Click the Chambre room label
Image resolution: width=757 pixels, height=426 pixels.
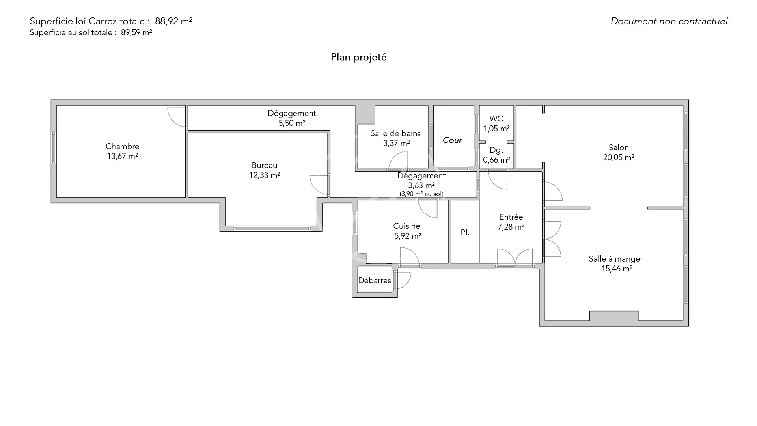tap(122, 146)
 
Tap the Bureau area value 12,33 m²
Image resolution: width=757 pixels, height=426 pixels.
tap(265, 175)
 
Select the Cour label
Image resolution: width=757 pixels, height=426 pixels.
tap(452, 140)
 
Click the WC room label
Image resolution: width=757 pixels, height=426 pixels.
tap(496, 119)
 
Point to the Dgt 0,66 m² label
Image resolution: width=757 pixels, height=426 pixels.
tap(496, 155)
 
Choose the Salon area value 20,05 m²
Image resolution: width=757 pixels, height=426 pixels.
tap(619, 157)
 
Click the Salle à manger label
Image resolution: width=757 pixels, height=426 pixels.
tap(616, 259)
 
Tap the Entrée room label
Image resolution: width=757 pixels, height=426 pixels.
tap(511, 217)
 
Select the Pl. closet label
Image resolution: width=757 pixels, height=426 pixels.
tap(465, 232)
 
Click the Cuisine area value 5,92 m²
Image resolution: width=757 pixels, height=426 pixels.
tap(408, 236)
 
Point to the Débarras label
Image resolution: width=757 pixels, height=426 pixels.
tap(375, 280)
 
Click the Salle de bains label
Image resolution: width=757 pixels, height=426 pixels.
tap(395, 133)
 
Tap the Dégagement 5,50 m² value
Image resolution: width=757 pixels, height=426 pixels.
tap(292, 123)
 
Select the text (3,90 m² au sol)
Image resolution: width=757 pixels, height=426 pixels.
tap(421, 194)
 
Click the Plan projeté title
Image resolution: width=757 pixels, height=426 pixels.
tap(358, 57)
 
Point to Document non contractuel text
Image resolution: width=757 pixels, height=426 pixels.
tap(669, 21)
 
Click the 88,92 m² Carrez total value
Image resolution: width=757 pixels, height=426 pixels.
tap(173, 21)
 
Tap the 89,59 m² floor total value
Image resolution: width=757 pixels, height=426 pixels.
tap(136, 32)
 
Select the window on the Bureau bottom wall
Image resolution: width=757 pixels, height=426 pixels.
tap(272, 229)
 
